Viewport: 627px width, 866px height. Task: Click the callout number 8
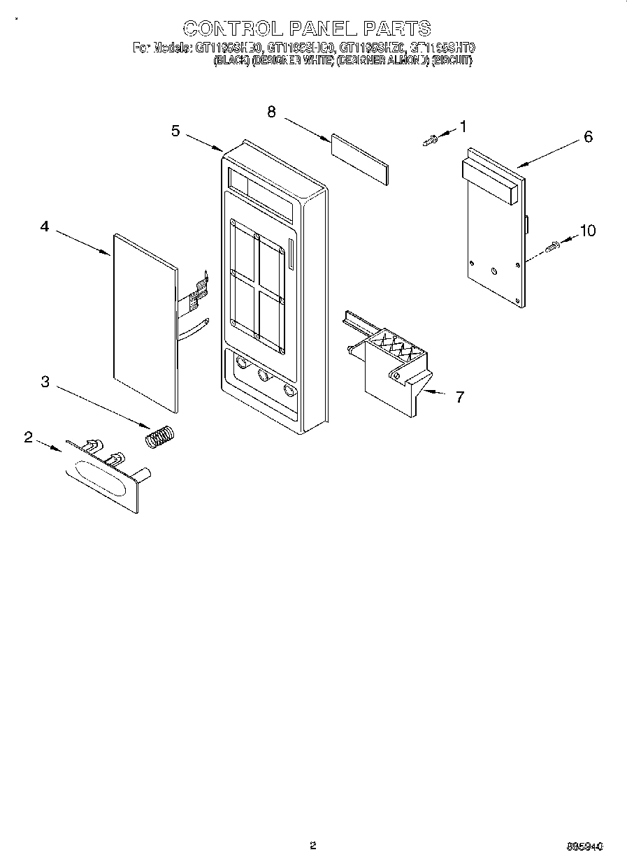[x=271, y=111]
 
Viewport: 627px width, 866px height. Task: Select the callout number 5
[x=175, y=131]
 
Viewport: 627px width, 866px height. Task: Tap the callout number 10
[x=588, y=230]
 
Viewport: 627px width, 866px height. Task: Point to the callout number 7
[x=459, y=397]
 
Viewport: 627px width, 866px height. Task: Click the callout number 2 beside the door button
[x=28, y=438]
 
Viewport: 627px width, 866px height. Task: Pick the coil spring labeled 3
[x=161, y=436]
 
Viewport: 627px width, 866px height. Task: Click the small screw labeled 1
[x=431, y=140]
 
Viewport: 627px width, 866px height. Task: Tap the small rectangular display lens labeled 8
[x=359, y=160]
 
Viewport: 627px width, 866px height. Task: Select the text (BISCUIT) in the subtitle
[x=452, y=61]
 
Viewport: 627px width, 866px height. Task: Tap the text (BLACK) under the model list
[x=230, y=61]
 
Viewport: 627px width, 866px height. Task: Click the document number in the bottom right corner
[x=584, y=846]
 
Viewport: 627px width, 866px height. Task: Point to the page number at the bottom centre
[x=313, y=845]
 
